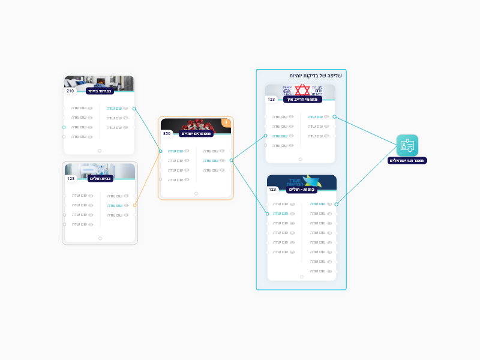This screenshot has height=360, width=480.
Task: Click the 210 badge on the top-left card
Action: [x=70, y=91]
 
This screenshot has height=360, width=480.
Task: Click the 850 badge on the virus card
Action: [x=167, y=133]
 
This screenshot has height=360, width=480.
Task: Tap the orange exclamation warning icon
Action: [x=226, y=123]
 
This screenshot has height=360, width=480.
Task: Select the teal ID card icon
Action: [x=407, y=145]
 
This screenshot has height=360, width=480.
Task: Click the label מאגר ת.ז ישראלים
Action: [x=407, y=160]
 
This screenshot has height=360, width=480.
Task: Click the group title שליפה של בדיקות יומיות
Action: [x=316, y=76]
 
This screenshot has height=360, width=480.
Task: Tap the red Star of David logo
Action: [x=302, y=90]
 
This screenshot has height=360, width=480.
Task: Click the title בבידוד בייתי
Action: [x=100, y=91]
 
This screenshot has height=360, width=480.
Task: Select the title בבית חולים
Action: [x=101, y=178]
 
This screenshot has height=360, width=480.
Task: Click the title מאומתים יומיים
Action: [x=196, y=133]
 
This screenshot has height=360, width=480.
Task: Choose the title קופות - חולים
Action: [x=302, y=190]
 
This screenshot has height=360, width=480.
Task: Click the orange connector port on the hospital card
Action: [x=135, y=205]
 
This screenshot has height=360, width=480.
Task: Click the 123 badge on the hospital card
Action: [x=71, y=178]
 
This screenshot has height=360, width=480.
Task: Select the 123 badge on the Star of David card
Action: [x=272, y=100]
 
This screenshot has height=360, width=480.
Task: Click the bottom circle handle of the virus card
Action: [x=196, y=193]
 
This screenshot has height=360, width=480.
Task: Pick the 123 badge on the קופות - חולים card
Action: [x=272, y=189]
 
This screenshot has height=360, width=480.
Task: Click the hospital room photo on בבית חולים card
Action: [x=100, y=169]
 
